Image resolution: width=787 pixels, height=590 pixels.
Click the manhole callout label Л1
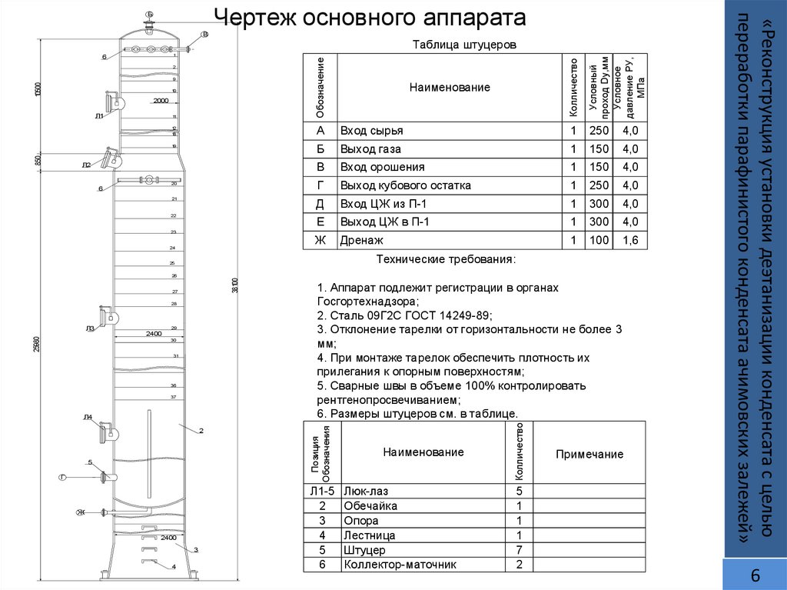pos(99,116)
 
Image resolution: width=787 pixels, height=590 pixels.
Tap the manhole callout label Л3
pos(90,328)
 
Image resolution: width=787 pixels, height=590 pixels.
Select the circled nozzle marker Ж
pos(79,512)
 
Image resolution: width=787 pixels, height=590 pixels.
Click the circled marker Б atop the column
pos(150,15)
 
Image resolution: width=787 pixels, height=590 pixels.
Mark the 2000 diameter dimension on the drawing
pos(161,101)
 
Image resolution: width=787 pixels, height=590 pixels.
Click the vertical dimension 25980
pos(37,346)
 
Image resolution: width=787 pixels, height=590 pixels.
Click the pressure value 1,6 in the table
pos(630,241)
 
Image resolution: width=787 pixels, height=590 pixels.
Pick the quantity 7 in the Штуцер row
pos(520,550)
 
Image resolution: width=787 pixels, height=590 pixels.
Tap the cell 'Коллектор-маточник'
pos(400,565)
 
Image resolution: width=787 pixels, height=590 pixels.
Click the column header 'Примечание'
pos(589,454)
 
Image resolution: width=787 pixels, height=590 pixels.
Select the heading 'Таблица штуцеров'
pos(465,45)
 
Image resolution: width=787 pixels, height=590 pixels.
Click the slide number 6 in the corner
pos(755,576)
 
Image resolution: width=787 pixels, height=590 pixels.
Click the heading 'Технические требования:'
pos(446,259)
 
